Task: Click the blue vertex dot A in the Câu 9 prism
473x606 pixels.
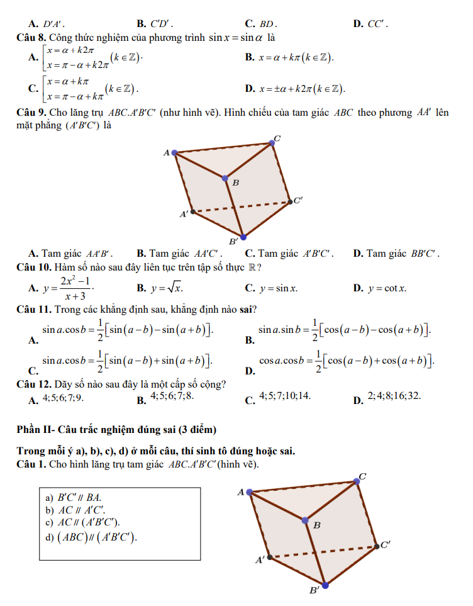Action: click(174, 152)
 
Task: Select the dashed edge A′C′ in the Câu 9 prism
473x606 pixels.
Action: click(242, 206)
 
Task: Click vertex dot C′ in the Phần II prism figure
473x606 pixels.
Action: click(376, 545)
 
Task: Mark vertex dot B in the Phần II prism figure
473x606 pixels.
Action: click(305, 520)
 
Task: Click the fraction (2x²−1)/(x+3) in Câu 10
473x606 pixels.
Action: click(74, 288)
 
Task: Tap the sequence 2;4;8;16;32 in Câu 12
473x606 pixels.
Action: click(394, 396)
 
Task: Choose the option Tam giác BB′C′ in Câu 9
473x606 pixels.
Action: click(403, 254)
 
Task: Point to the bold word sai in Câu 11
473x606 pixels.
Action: click(245, 309)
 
